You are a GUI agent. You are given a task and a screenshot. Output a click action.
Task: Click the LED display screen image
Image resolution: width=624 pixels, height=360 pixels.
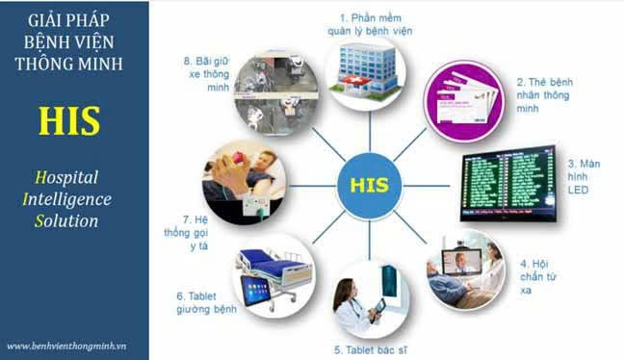pyautogui.click(x=507, y=182)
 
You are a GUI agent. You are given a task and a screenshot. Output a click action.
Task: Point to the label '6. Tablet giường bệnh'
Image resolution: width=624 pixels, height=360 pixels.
pyautogui.click(x=207, y=303)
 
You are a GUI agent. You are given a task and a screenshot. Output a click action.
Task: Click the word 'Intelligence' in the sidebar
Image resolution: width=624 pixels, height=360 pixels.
pyautogui.click(x=71, y=199)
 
